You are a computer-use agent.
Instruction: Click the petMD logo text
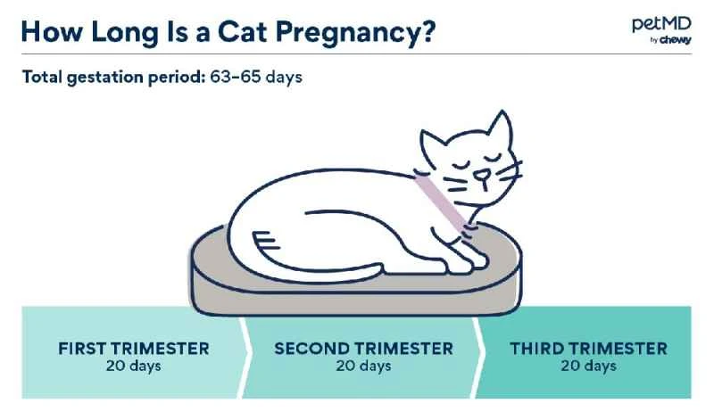(659, 24)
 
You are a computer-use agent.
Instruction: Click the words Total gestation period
(113, 77)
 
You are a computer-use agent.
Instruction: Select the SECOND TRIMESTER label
(363, 348)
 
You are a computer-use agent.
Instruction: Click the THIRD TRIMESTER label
(588, 348)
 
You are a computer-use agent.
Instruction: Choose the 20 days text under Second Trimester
(363, 366)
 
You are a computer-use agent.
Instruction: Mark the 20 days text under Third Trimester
(588, 366)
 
